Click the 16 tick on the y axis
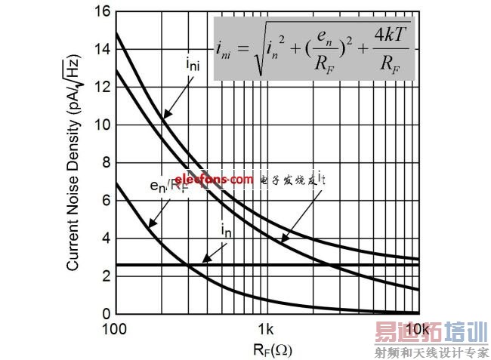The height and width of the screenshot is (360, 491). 105,12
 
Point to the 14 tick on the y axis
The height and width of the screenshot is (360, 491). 105,50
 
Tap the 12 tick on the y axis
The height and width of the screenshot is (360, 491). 105,88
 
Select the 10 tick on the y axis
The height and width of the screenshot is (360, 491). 105,125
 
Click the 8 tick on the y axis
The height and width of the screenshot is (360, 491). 108,163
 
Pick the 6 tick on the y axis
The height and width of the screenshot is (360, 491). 108,201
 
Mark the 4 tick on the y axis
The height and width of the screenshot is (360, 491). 108,238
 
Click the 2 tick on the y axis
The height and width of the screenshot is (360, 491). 108,276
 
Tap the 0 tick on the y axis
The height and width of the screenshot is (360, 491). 108,314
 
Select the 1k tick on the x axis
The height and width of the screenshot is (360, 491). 266,330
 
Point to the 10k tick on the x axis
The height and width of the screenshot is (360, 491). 416,330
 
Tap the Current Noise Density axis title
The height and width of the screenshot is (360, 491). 75,162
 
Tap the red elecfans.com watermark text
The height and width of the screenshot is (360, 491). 215,180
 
